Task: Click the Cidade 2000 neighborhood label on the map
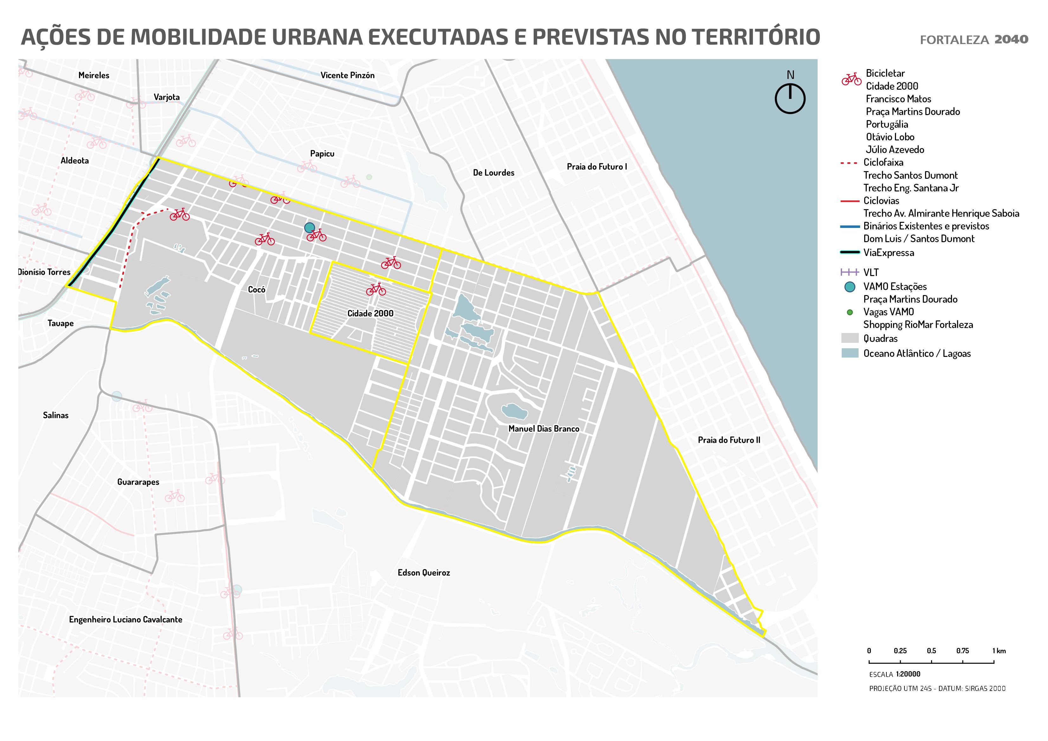[x=370, y=313]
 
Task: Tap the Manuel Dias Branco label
[x=543, y=429]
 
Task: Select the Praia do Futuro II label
[x=729, y=440]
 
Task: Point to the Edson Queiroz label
[x=424, y=572]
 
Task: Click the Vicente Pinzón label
[x=347, y=75]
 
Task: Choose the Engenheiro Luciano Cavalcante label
[x=125, y=620]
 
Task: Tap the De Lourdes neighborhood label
[x=493, y=173]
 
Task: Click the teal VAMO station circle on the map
[x=310, y=227]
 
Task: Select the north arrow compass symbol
[x=790, y=98]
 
